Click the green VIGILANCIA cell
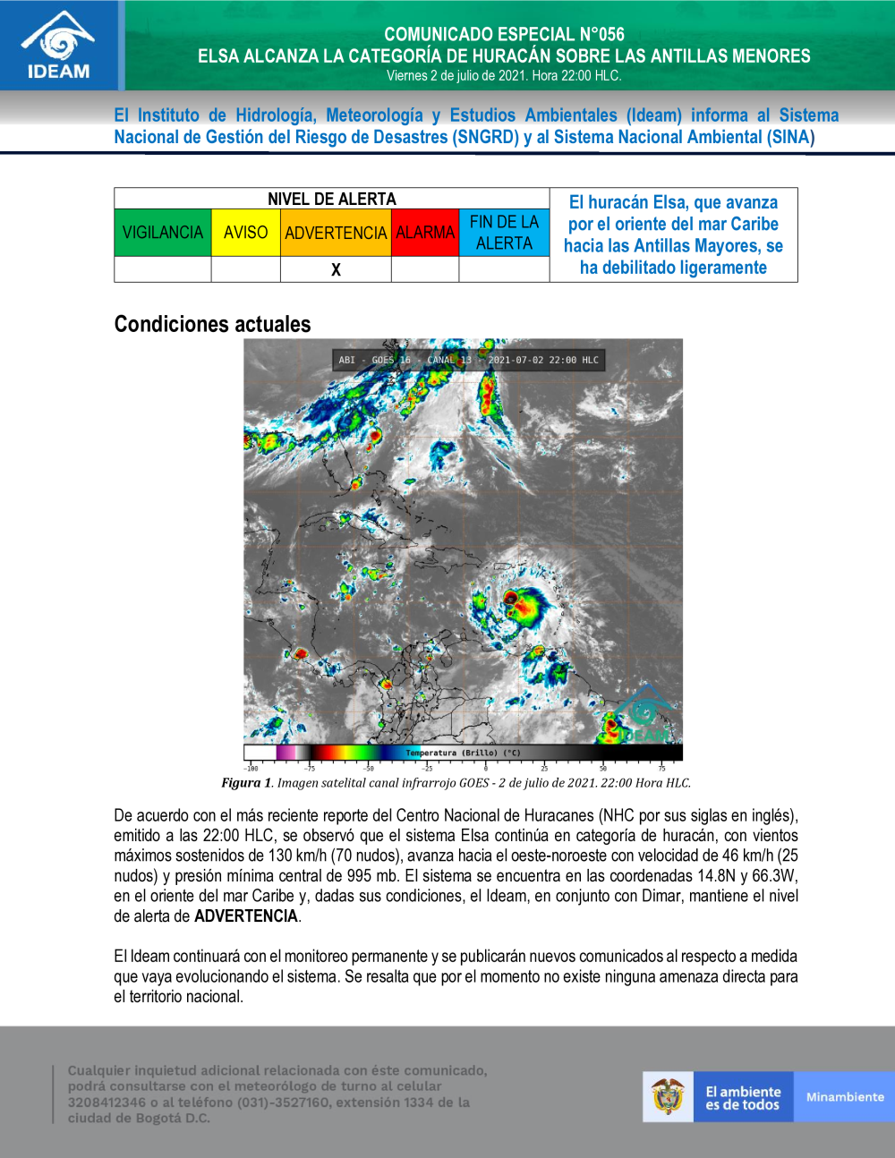click(163, 233)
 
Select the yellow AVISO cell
click(246, 233)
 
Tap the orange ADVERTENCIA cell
click(336, 233)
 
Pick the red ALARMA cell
click(425, 233)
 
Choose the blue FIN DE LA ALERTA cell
click(504, 233)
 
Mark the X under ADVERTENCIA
click(336, 269)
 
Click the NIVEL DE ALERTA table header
click(331, 199)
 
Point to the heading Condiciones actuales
click(212, 324)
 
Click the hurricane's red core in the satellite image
click(511, 598)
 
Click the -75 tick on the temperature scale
click(309, 768)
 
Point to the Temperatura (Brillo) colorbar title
click(462, 753)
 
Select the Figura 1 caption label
click(246, 783)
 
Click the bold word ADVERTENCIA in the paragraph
click(246, 916)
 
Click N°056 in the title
click(601, 35)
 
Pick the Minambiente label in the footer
click(845, 1097)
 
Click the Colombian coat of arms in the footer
click(668, 1097)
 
